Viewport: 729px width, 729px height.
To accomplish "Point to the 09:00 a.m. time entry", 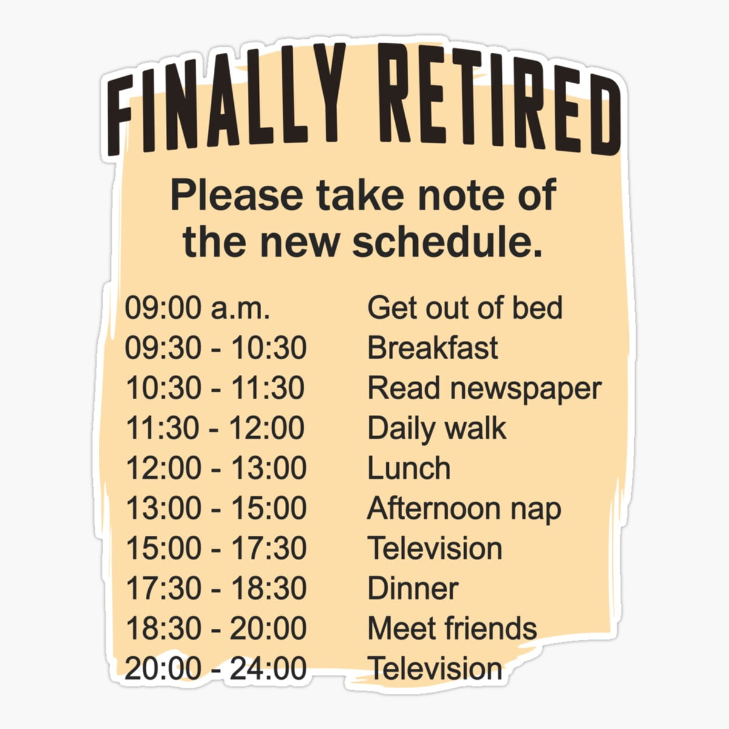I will tap(197, 307).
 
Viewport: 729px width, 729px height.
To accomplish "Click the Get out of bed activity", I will tap(465, 307).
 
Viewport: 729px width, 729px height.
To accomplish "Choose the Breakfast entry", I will tap(433, 348).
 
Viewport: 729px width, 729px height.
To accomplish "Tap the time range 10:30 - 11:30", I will tap(215, 388).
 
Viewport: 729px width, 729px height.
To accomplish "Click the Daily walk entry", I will tap(436, 428).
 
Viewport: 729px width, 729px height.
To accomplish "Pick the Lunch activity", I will tap(409, 468).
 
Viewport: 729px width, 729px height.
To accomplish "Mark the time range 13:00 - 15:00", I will tap(215, 508).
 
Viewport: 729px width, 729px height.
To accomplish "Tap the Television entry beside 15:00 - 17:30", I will tap(435, 549).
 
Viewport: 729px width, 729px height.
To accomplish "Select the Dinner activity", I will tap(412, 589).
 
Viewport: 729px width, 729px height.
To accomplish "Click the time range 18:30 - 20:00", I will tap(215, 628).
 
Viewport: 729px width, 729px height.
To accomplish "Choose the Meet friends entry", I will tap(452, 628).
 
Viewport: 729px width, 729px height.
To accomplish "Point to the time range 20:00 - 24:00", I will tap(215, 668).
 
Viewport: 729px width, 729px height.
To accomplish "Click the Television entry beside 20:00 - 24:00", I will tap(435, 668).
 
